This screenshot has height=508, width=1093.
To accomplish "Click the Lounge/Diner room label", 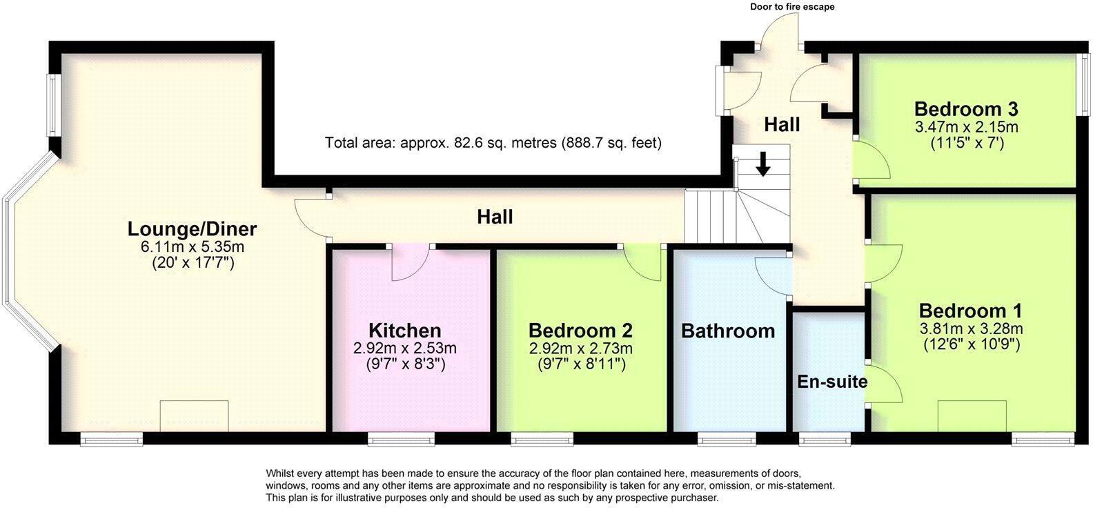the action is coord(192,229).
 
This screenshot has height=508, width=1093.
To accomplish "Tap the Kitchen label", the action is coord(405,331).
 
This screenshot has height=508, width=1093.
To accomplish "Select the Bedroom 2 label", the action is coord(581,331).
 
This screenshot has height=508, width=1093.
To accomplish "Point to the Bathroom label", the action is coord(728,331).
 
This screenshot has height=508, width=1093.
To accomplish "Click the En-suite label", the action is coord(832,382).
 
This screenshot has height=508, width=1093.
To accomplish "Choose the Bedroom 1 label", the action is coord(971,311).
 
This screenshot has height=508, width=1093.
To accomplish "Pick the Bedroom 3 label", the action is coord(966,108).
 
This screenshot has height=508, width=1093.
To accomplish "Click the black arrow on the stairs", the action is coord(763,164).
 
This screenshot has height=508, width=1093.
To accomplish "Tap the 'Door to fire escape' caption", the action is coord(792,7).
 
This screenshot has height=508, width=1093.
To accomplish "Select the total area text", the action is coord(493,143).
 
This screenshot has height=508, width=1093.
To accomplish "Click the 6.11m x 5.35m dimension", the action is coord(193,247).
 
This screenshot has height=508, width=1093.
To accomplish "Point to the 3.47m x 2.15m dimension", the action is coord(967,127).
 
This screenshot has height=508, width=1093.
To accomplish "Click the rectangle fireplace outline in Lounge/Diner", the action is coord(194,416).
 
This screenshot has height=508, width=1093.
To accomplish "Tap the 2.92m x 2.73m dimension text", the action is coord(581,349).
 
